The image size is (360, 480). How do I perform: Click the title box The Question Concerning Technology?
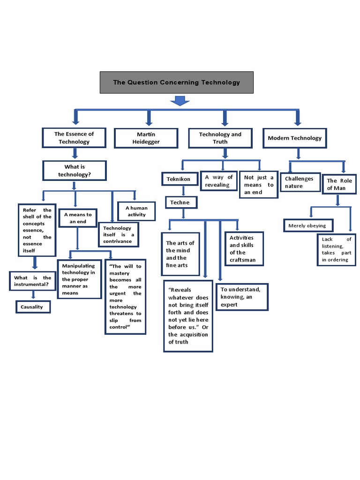176,82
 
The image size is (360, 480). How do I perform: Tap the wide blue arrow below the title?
180,100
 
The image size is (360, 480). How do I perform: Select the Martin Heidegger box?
146,138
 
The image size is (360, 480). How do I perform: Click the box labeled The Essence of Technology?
74,138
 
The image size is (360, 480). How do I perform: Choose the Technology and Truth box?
220,138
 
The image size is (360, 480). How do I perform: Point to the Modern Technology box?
294,138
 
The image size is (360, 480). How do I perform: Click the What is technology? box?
74,171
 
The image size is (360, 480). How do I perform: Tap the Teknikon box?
178,179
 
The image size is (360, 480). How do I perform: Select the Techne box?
181,202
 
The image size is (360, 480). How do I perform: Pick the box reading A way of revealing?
218,181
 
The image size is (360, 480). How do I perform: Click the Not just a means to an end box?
259,185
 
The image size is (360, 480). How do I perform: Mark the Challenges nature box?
300,182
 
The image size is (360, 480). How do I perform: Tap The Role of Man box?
339,184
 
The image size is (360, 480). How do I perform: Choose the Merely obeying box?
308,225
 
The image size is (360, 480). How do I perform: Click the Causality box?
32,307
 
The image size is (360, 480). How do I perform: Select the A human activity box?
136,211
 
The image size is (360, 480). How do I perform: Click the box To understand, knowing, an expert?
242,297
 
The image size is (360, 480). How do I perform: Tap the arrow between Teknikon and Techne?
183,191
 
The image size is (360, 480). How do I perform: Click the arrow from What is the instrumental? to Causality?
33,295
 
